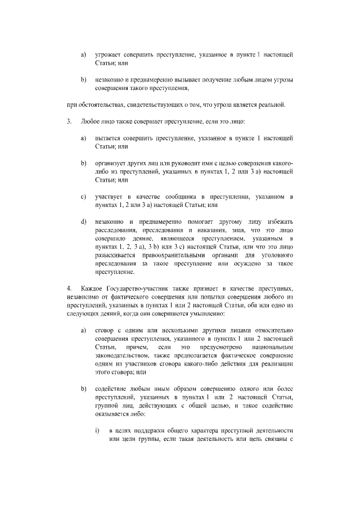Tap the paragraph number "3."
click(x=69, y=121)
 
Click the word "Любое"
click(x=91, y=121)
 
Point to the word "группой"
click(x=107, y=406)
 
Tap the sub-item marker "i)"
click(x=97, y=431)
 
